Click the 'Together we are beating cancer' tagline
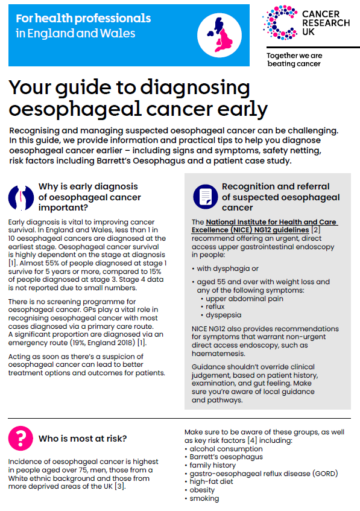[294, 60]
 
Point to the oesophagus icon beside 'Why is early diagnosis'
[21, 197]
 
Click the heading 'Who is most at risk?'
[83, 439]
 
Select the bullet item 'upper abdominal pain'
[244, 298]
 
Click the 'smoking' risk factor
[205, 498]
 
